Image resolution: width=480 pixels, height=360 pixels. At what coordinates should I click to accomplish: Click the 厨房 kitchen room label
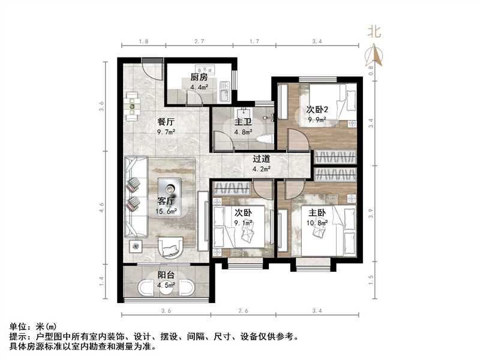tap(199, 77)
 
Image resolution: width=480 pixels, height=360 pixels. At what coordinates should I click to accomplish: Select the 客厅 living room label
tap(166, 201)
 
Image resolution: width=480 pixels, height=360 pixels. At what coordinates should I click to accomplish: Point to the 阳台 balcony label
tap(166, 275)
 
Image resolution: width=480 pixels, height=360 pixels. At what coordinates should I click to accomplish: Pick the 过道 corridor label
tap(261, 159)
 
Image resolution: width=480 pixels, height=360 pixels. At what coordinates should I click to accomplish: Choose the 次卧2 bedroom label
tap(317, 110)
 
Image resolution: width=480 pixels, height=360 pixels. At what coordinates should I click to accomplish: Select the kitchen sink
tap(224, 95)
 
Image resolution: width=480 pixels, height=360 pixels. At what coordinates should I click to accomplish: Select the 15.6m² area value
tap(166, 211)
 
